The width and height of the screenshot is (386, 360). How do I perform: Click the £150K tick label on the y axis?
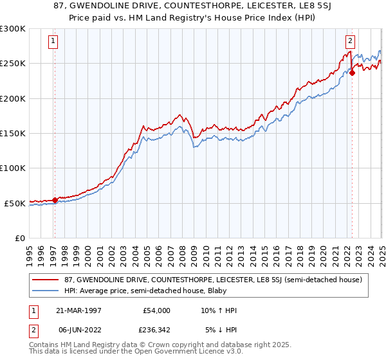pos(13,134)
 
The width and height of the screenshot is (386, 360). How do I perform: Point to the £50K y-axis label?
pos(15,203)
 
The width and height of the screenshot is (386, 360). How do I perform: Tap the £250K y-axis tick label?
pos(13,64)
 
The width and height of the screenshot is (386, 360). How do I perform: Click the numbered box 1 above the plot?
pos(53,42)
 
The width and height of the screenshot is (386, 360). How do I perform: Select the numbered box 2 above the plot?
pos(351,42)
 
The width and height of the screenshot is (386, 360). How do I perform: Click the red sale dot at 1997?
pos(55,200)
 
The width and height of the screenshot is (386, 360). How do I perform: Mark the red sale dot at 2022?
pos(353,73)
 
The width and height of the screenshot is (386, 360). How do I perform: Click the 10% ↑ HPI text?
pos(216,310)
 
